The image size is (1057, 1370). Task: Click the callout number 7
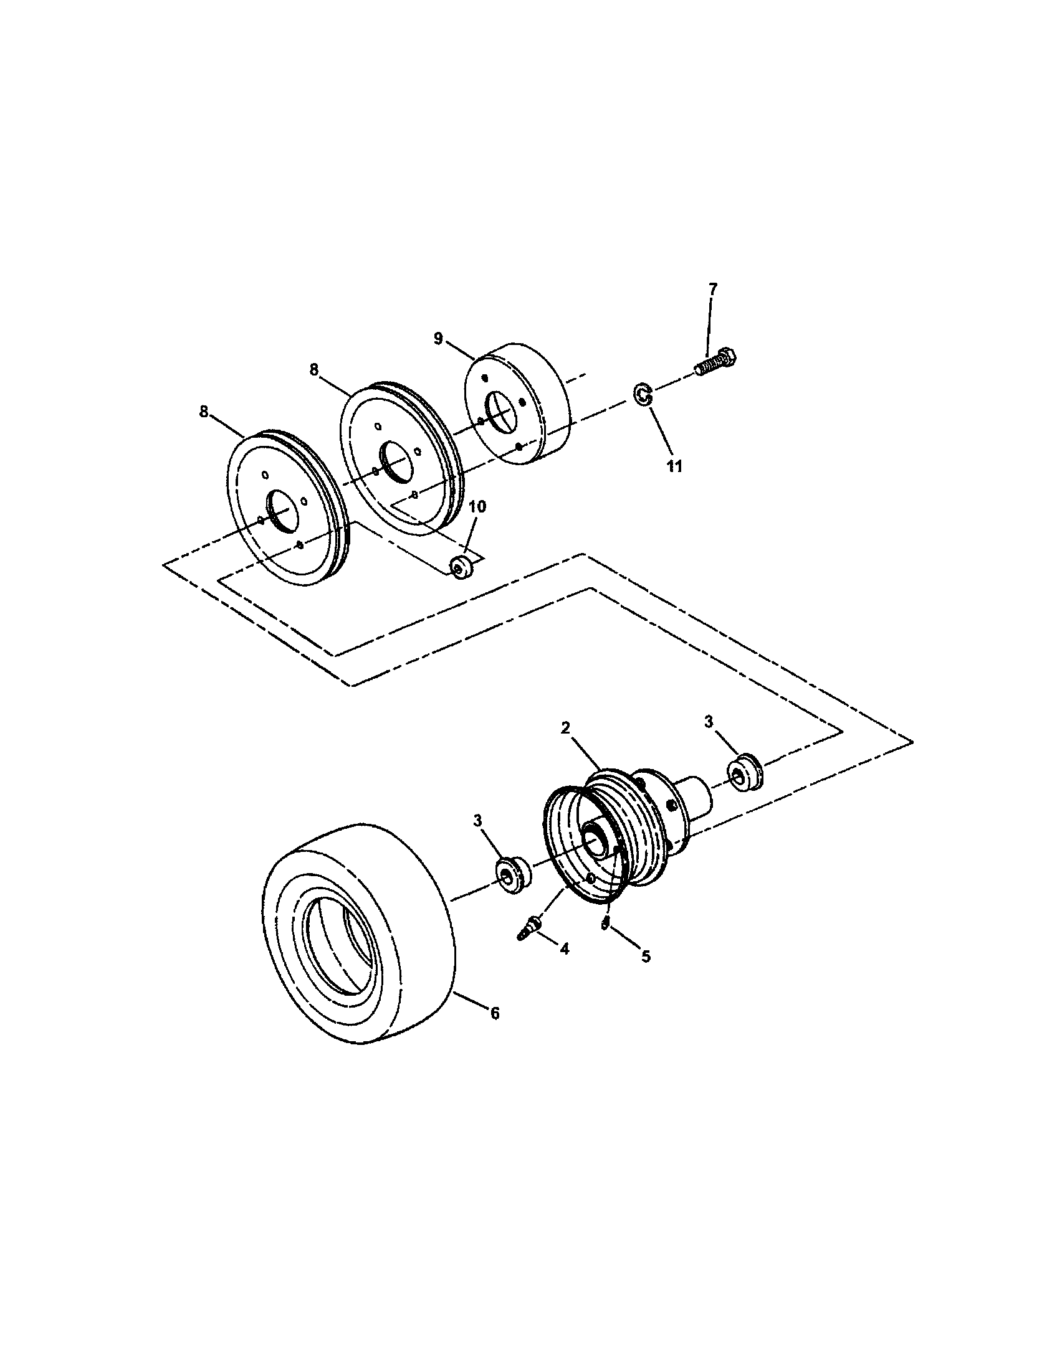[x=712, y=289]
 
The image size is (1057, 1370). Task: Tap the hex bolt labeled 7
[x=716, y=363]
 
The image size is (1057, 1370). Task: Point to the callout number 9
[x=438, y=338]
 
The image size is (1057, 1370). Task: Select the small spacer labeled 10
[x=462, y=567]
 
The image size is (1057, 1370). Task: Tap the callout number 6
[x=495, y=1030]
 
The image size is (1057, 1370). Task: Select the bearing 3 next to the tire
[x=512, y=873]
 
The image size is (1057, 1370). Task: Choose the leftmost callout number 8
[x=203, y=412]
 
